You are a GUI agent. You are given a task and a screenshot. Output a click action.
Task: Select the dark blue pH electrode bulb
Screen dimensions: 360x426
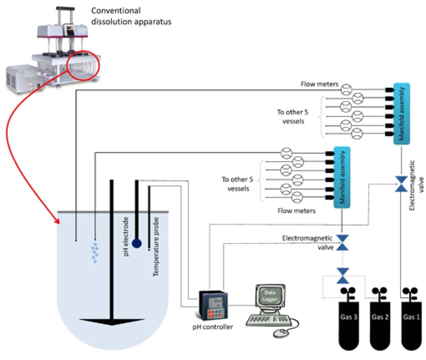pos(136,243)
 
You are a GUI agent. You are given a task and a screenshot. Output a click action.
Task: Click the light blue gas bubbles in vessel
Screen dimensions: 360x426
pos(94,253)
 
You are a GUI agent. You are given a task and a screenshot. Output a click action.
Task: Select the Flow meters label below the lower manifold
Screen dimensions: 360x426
pos(297,210)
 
